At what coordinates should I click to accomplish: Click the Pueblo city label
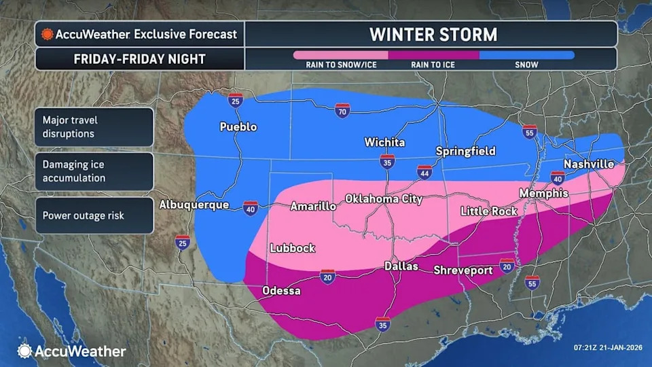point(238,127)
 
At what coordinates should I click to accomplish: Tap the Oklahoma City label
point(384,199)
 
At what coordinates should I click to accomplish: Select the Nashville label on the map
point(588,164)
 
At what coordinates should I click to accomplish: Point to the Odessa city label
point(281,291)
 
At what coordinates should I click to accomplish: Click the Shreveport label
point(463,270)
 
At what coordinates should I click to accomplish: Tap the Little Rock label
point(488,211)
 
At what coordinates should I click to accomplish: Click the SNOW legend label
point(526,65)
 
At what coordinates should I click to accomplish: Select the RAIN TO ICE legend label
point(433,65)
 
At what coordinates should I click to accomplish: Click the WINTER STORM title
point(433,34)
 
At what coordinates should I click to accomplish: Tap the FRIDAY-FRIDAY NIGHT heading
point(139,59)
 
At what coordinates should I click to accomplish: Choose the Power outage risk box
point(94,216)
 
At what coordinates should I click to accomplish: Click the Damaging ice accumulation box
point(94,171)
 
